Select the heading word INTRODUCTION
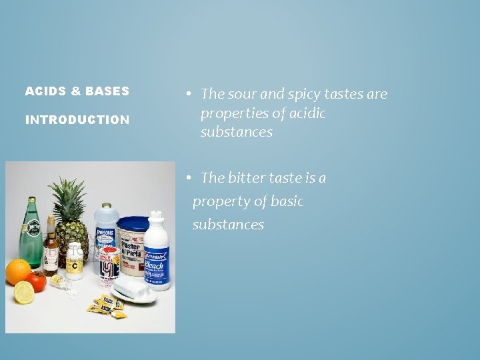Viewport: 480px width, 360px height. tap(77, 120)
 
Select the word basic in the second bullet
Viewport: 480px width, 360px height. tap(285, 201)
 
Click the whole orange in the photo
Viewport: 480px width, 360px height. tap(18, 271)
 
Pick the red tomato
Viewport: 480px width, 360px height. tap(38, 281)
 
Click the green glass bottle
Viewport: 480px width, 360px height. tap(31, 233)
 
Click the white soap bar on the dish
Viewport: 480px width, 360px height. tap(134, 289)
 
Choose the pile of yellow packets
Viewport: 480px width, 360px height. tap(107, 307)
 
